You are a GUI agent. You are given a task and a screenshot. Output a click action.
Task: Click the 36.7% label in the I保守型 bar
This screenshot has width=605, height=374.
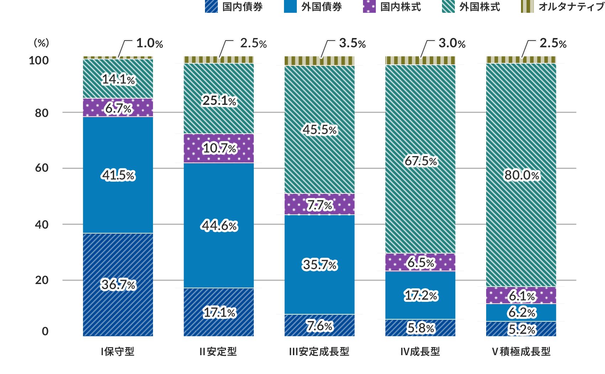click(x=118, y=285)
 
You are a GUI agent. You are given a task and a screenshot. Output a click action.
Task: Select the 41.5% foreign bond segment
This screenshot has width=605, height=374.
click(x=118, y=175)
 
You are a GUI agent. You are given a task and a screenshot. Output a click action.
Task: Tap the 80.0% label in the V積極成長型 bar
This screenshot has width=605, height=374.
click(x=522, y=175)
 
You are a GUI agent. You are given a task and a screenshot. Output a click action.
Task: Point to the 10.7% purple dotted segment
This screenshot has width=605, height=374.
click(x=219, y=148)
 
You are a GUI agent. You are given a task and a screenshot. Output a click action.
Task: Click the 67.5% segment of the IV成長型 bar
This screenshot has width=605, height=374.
click(x=421, y=161)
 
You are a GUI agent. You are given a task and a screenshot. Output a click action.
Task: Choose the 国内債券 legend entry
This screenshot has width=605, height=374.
click(x=234, y=7)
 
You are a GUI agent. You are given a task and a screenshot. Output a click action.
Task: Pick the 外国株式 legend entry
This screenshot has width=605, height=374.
click(x=471, y=7)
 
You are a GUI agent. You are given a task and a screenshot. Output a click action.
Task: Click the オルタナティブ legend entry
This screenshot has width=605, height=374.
click(x=562, y=7)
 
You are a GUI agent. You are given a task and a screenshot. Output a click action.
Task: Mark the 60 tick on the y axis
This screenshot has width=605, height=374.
click(x=42, y=168)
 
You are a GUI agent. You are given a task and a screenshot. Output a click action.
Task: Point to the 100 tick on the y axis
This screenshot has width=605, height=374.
click(x=39, y=60)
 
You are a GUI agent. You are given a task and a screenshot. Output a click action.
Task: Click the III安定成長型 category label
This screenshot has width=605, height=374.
click(x=319, y=352)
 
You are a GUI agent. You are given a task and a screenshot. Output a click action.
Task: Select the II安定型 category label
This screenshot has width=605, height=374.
click(x=218, y=352)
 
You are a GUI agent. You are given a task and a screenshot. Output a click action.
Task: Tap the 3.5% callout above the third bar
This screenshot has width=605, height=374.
click(x=352, y=43)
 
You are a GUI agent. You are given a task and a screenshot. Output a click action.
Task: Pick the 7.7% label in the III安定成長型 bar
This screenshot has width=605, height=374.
click(x=320, y=205)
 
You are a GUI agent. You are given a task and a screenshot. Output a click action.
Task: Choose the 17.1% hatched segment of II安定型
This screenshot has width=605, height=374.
click(x=219, y=312)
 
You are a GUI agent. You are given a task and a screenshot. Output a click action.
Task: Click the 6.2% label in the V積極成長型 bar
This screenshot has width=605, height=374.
click(x=522, y=312)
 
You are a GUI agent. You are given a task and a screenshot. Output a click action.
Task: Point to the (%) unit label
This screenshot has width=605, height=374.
click(x=41, y=43)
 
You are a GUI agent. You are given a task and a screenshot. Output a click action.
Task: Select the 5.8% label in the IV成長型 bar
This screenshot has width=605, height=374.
click(x=421, y=328)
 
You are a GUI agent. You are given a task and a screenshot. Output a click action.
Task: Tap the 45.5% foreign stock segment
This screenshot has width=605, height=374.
click(x=320, y=130)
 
